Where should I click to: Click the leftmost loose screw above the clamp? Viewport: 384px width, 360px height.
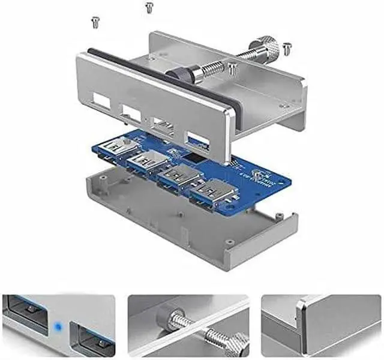tap(94, 22)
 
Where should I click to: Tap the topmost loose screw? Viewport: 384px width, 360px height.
tap(149, 7)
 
